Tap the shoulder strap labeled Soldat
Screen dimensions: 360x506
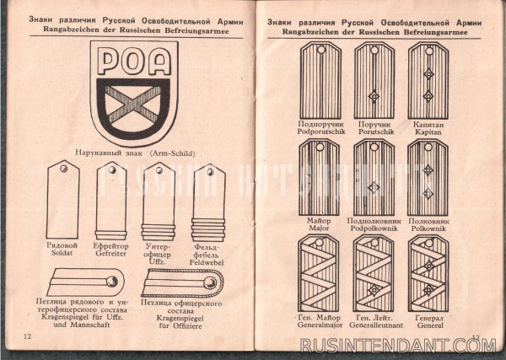coord(63,201)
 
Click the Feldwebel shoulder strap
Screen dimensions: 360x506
coord(208,201)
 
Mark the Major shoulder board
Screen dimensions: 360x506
coord(318,177)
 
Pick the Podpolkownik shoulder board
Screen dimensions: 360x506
coord(373,177)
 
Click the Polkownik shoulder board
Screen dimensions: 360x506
coord(428,177)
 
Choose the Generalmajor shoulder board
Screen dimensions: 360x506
coord(318,273)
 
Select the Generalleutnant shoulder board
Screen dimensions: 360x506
coord(373,273)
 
